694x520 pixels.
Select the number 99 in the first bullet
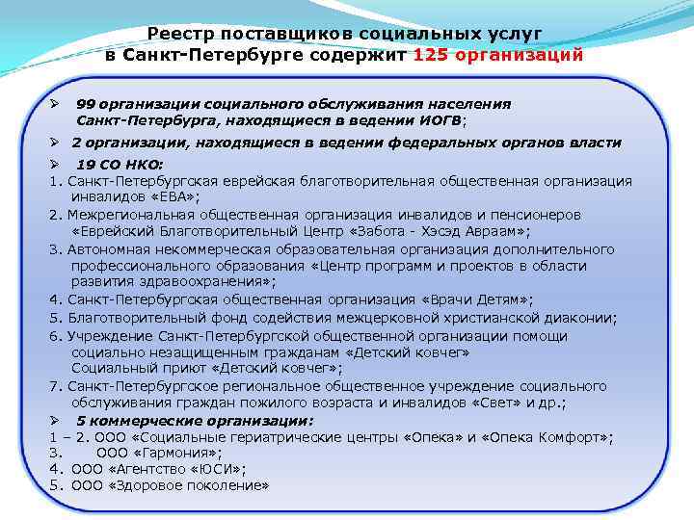pos(85,104)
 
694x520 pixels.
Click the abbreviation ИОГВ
pos(439,121)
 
